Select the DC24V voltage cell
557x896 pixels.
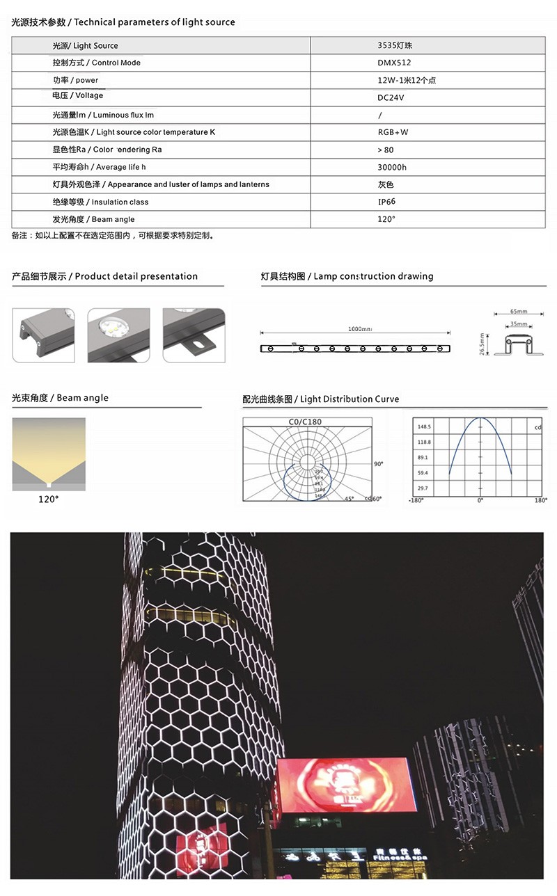pos(391,97)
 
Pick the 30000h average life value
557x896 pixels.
pos(392,167)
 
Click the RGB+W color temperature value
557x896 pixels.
pos(393,132)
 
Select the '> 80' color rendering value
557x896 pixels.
pos(385,150)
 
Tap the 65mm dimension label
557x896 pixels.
pos(519,312)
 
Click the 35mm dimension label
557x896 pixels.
pos(519,324)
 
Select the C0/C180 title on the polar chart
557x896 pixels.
pos(305,422)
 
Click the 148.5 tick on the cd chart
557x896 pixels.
pos(423,426)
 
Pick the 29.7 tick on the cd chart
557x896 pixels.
pos(423,488)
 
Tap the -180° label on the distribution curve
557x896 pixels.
pos(416,501)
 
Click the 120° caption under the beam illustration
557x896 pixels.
pos(48,499)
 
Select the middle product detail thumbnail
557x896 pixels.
pos(118,335)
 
